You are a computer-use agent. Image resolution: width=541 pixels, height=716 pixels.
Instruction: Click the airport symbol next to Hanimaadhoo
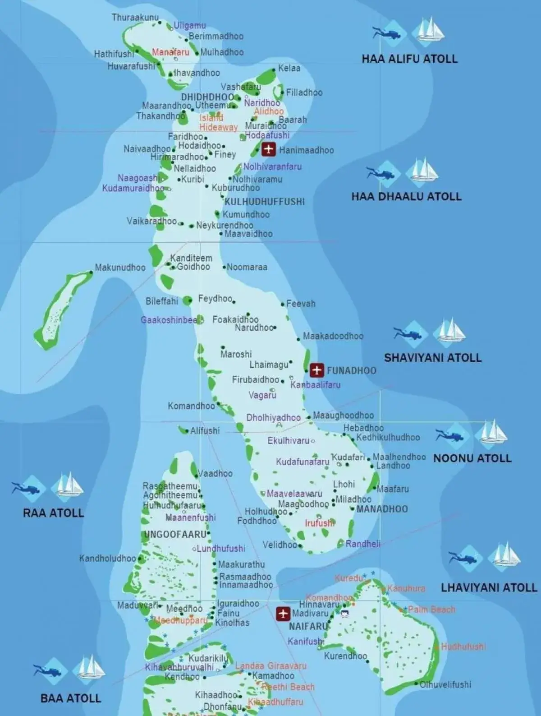pos(269,149)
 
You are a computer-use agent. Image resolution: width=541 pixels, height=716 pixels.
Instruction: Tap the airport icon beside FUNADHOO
pos(317,370)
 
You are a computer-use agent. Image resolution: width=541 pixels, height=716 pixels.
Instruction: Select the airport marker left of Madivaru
pos(283,614)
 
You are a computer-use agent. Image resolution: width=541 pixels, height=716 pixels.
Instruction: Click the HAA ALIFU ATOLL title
pos(409,59)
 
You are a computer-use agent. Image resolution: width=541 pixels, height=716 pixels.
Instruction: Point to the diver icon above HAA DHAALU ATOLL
pos(382,173)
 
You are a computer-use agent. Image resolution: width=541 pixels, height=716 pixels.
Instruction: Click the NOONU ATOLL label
pos(472,458)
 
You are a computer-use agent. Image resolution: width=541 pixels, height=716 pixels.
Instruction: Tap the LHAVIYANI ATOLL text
pos(489,587)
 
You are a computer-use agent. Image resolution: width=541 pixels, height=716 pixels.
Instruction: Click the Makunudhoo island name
pos(120,268)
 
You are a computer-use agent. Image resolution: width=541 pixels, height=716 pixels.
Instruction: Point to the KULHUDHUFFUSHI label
pos(265,202)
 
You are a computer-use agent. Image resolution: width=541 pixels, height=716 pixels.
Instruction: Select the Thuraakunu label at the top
pos(135,18)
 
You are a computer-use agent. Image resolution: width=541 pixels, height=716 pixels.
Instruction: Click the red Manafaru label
pos(170,52)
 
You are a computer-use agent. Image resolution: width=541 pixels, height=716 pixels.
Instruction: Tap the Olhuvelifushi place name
pos(445,684)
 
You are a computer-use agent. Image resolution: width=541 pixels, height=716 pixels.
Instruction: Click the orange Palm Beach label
pos(431,610)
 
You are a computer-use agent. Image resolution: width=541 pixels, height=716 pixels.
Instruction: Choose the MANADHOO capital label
pos(382,509)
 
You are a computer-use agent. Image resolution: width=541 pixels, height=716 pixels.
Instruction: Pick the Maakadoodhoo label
pos(333,336)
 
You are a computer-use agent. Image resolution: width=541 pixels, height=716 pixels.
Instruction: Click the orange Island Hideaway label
pos(218,123)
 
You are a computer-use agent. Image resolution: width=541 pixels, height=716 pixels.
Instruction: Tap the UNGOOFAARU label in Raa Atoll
pos(175,535)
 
